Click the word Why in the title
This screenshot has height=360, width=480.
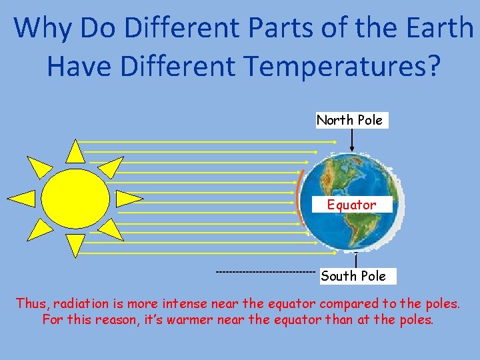tap(43, 27)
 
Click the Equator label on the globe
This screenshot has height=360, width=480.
tap(351, 205)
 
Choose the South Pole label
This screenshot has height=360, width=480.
tap(353, 276)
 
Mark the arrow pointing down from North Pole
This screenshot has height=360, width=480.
tap(351, 141)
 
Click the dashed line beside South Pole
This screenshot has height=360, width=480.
tap(265, 272)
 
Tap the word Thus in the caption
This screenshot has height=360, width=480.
tap(31, 303)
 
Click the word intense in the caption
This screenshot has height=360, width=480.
tap(183, 303)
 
